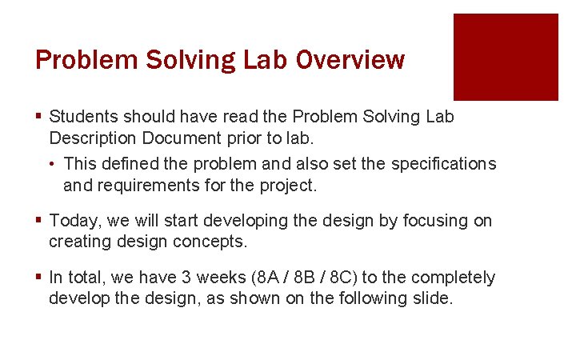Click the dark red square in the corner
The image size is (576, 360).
[506, 57]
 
